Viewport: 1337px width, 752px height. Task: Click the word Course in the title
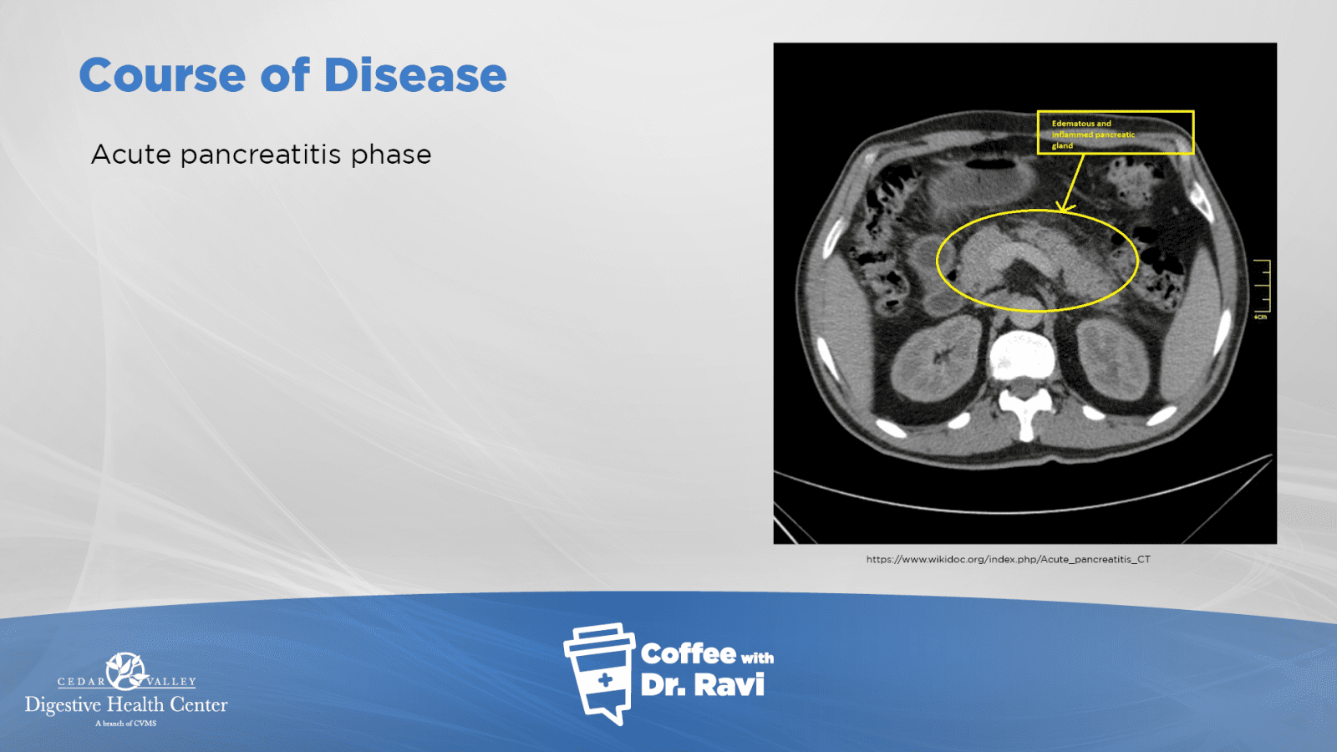coord(162,75)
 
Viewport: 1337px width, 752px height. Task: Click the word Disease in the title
coord(414,75)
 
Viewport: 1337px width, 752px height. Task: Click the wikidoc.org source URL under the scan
coord(1008,559)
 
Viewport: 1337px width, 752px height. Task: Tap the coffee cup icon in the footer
coord(600,673)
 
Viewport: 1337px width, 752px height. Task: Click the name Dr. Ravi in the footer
coord(703,685)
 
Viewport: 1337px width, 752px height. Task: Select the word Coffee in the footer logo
coord(688,654)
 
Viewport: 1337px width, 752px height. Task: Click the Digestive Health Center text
coord(126,705)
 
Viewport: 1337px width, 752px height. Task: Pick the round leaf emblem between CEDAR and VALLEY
coord(125,671)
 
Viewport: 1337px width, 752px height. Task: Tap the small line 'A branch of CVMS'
coord(126,724)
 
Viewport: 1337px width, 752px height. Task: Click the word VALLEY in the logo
coord(171,682)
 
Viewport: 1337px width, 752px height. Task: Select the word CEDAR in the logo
coord(80,682)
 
